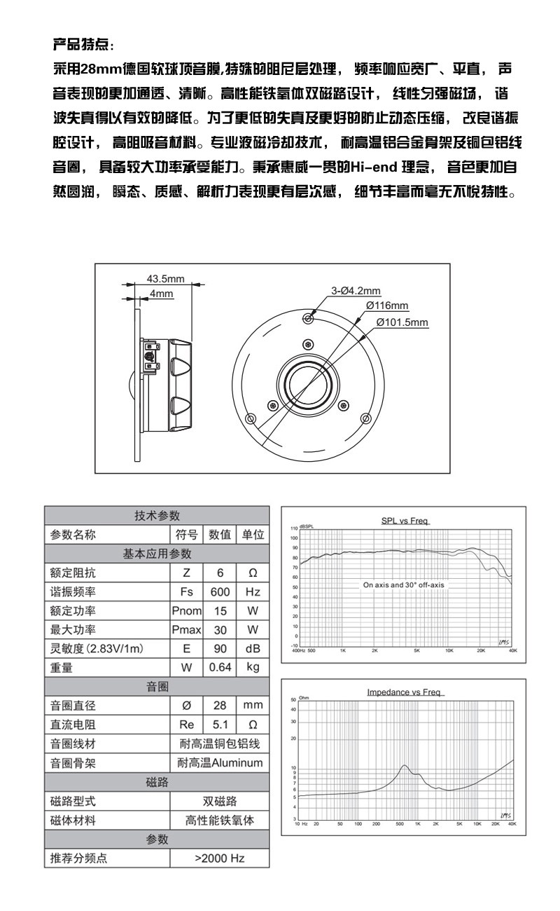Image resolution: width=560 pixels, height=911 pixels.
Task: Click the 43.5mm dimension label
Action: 165,279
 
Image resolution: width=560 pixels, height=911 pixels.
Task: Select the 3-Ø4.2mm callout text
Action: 356,291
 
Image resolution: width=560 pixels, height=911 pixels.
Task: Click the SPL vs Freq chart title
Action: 405,521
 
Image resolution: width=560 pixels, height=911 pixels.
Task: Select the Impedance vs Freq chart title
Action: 403,692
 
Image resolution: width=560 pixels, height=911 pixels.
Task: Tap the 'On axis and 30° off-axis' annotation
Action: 403,584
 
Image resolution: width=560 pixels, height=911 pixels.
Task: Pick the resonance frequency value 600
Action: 220,591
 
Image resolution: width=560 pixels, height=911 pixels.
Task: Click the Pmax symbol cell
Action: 186,629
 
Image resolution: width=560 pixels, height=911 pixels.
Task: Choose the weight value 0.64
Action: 220,667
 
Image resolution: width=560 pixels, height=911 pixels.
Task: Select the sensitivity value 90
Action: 220,648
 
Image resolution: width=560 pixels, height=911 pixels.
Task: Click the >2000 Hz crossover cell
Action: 219,857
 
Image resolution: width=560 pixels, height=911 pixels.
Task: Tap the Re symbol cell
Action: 186,724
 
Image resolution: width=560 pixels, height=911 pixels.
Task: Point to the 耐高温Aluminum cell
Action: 219,762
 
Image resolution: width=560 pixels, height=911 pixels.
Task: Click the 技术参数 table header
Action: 157,516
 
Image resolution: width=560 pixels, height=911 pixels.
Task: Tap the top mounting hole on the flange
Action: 309,318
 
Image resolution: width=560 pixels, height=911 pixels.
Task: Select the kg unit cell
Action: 253,667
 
